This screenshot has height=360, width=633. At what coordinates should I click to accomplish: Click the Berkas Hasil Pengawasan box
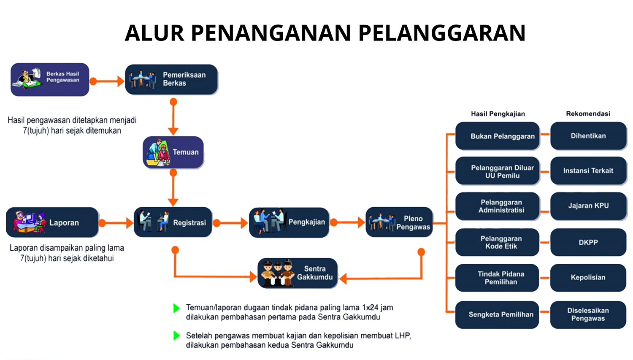tap(50, 79)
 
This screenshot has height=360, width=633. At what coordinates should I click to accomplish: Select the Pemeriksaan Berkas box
tap(171, 79)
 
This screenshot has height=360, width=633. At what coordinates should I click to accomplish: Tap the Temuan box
tap(173, 152)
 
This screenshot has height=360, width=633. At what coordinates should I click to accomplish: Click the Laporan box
tap(52, 222)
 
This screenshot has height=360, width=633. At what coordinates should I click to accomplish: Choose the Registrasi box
tap(173, 222)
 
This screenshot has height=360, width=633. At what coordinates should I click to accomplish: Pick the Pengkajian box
tap(289, 222)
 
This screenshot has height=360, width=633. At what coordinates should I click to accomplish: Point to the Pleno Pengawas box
tap(399, 222)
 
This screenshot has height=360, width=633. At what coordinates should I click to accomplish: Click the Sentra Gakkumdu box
tap(298, 273)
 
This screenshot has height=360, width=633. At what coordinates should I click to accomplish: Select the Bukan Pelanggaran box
tap(498, 136)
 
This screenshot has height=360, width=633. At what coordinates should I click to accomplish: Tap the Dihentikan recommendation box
tap(588, 136)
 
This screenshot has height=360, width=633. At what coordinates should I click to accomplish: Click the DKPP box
tap(588, 242)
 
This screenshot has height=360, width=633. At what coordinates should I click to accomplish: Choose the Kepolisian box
tap(588, 277)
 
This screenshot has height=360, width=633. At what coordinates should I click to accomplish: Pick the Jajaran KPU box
tap(588, 206)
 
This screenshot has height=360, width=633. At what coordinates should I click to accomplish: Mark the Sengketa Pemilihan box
tap(497, 314)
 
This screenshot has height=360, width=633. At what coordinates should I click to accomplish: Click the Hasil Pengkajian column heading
tap(498, 114)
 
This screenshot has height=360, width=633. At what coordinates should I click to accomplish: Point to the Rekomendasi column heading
tap(588, 114)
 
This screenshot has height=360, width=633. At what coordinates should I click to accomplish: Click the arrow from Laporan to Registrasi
tap(116, 223)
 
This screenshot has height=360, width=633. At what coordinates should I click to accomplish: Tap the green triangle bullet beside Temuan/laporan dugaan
tap(176, 308)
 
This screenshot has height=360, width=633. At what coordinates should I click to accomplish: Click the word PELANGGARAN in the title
tap(442, 33)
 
